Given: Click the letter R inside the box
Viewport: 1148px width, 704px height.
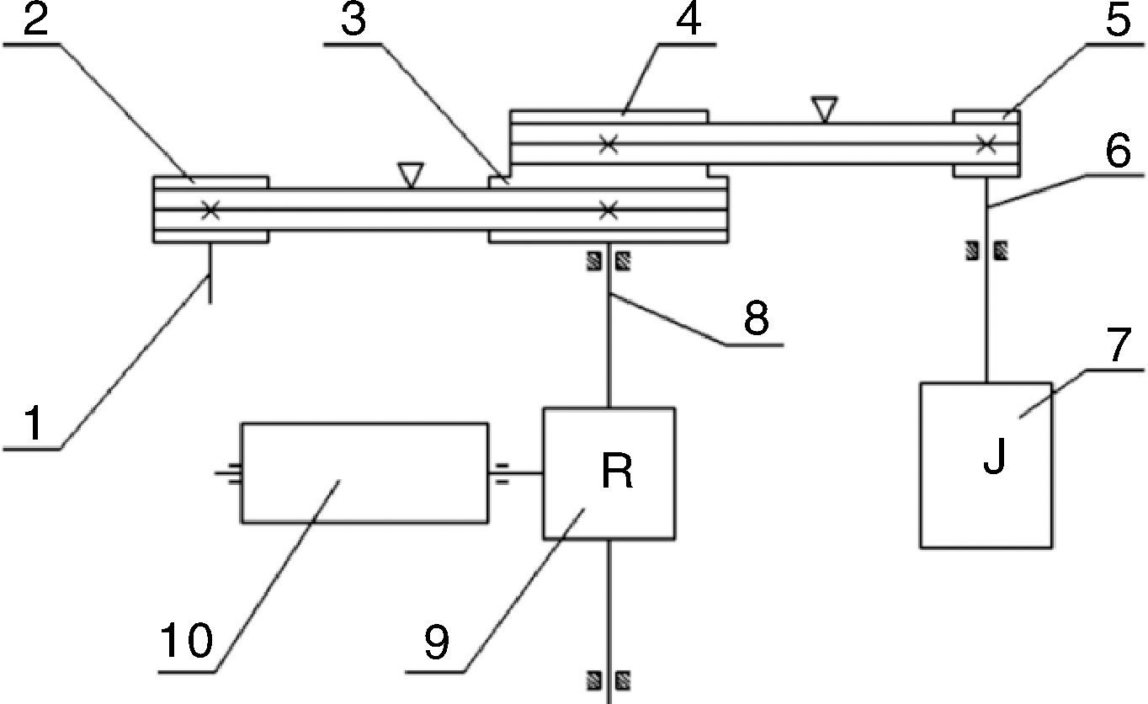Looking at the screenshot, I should tap(617, 474).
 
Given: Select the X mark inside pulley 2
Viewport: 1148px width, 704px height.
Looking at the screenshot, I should tap(210, 211).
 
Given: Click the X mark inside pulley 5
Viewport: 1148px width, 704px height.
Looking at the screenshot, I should tap(986, 145).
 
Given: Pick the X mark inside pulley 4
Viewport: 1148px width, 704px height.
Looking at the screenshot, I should tap(609, 145).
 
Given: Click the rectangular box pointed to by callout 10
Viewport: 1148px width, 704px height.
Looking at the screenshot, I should tap(364, 472).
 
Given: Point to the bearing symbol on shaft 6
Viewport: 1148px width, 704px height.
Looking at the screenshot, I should tap(986, 249).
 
